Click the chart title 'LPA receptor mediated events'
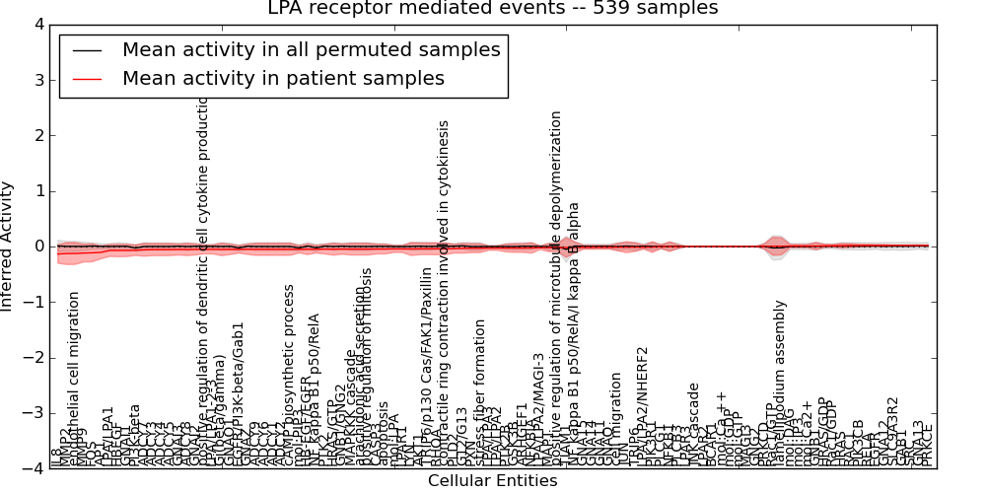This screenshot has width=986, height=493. point(493,9)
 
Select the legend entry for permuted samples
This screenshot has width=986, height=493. point(311,49)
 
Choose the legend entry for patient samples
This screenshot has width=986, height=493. point(283,78)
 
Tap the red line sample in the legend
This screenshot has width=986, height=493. point(87,78)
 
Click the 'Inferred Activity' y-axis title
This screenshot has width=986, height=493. point(9,246)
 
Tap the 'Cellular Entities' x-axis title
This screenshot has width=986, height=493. point(492,481)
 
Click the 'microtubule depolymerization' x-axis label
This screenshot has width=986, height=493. point(556,286)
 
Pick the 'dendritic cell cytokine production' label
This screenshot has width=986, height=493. point(205,286)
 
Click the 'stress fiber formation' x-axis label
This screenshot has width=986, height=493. point(480,389)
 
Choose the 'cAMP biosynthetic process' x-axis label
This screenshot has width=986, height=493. point(289,370)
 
